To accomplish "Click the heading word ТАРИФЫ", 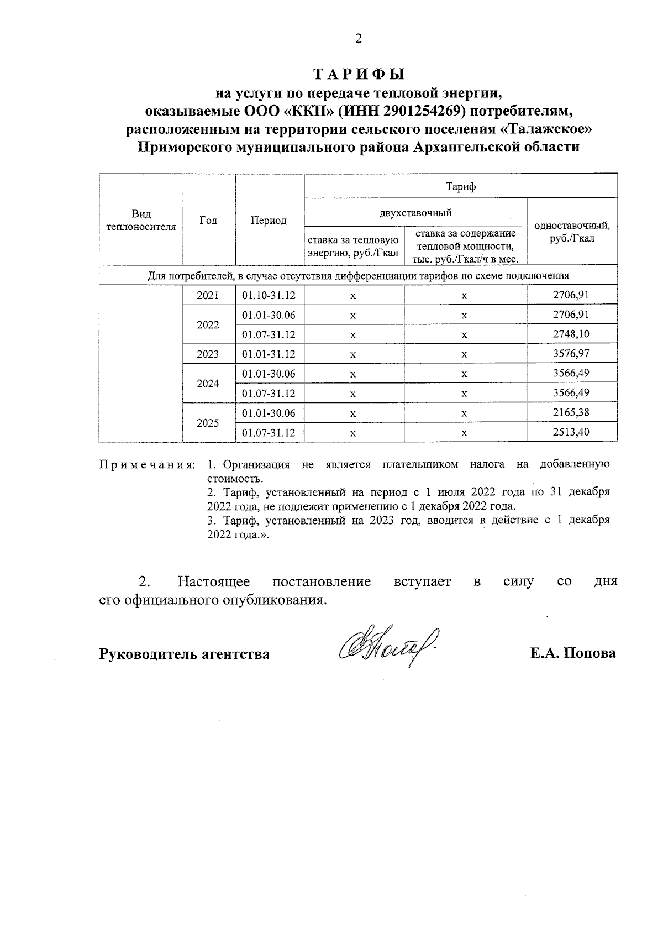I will pos(359,74).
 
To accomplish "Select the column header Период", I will pos(269,221).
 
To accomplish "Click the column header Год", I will pos(208,221).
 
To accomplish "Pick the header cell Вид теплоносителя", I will pos(141,221).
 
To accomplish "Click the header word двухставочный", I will pos(416,212).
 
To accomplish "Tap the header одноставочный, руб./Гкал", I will pos(572,232).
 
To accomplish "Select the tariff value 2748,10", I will pos(571,334).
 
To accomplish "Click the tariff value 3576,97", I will pos(571,354).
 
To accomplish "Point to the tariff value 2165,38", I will pos(571,413).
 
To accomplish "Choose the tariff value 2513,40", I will pos(571,432).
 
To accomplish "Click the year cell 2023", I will pos(208,354).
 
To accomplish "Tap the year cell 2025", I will pos(208,423).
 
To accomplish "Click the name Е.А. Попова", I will pos(573,653).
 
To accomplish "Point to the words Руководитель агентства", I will pos(185,654).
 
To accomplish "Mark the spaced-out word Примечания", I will pos(147,465).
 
